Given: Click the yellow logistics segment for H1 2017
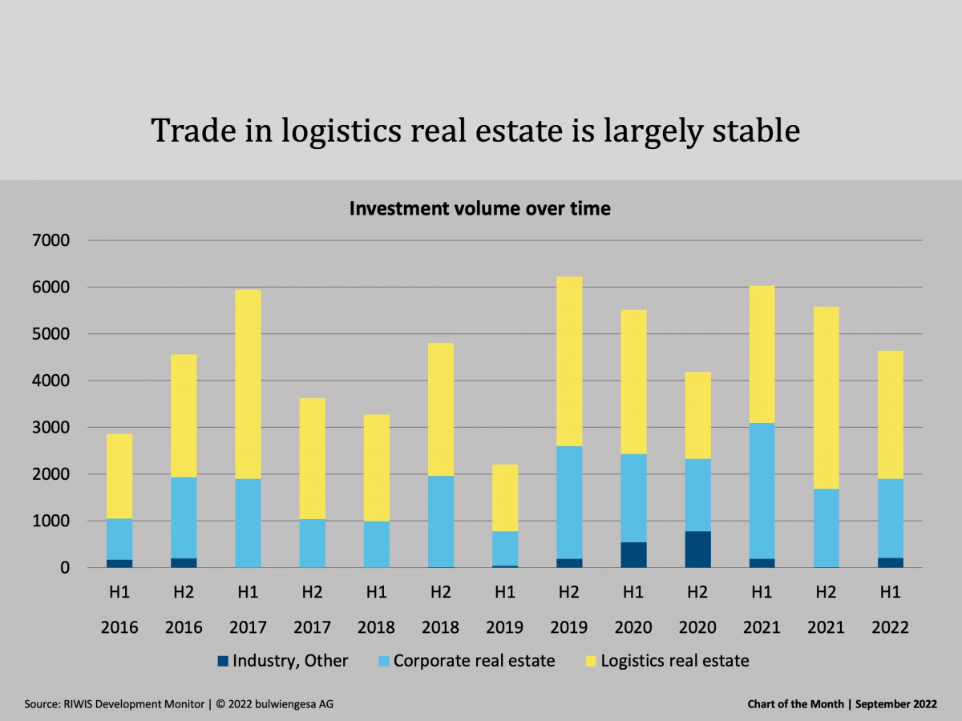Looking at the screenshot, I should [248, 384].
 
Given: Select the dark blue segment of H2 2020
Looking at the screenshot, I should [697, 550].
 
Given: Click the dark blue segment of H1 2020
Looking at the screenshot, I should [633, 555].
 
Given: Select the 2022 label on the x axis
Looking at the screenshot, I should [890, 627].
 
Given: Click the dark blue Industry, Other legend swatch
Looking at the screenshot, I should [222, 662].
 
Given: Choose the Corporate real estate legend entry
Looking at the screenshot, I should [474, 661].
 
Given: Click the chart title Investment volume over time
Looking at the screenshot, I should [479, 209].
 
